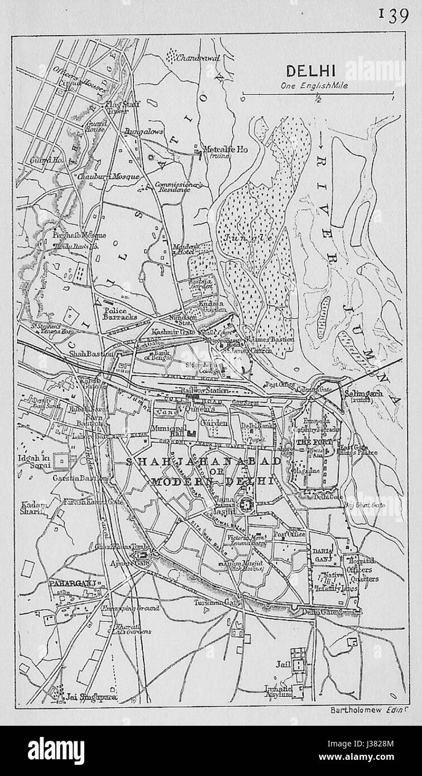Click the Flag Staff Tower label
click(x=122, y=107)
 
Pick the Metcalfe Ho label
click(x=226, y=150)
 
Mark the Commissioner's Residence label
click(x=172, y=187)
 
